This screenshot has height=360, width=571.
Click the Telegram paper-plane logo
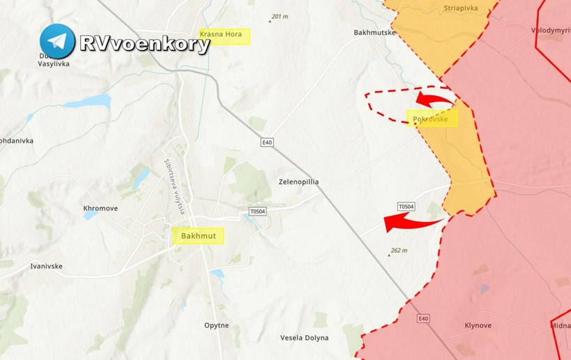(x=57, y=42)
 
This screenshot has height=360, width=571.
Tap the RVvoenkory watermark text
(x=145, y=44)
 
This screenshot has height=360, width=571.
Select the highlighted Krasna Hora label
(x=224, y=36)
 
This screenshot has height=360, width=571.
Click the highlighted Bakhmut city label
(x=198, y=236)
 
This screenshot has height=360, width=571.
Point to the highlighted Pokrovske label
(x=432, y=119)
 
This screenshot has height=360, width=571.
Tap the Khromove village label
(x=100, y=208)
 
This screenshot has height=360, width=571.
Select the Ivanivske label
(x=47, y=266)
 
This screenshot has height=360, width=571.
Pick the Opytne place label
(x=217, y=325)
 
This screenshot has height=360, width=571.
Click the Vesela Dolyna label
(x=304, y=338)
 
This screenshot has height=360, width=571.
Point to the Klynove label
(x=478, y=325)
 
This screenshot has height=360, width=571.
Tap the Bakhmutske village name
(x=375, y=33)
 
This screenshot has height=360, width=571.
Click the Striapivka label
(x=460, y=8)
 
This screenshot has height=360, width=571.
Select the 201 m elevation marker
(x=279, y=17)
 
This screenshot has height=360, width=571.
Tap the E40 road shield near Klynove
(x=423, y=318)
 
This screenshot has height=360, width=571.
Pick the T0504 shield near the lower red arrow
(x=406, y=207)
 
